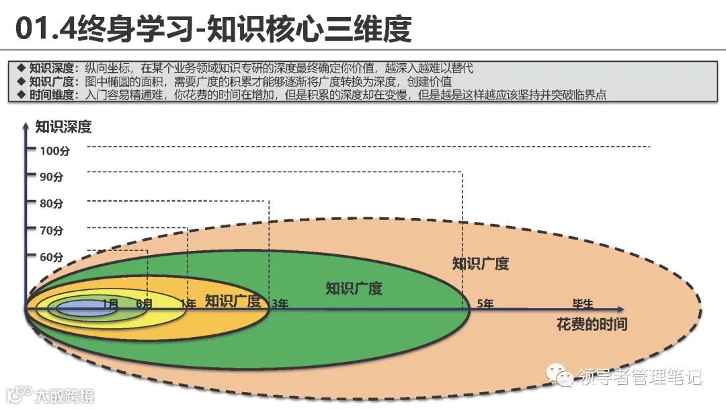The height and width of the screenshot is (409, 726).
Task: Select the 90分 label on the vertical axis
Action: coord(51,177)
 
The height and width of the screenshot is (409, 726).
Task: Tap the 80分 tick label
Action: coord(51,203)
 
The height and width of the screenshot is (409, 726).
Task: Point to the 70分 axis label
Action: coord(51,230)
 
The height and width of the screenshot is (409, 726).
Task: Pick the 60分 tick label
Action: coord(51,257)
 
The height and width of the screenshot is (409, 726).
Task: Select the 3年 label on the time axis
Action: coord(280,303)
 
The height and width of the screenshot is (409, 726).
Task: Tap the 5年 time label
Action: coord(485,303)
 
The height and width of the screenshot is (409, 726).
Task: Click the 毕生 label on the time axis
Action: coord(582,303)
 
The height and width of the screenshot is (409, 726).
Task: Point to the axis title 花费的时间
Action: coord(592,324)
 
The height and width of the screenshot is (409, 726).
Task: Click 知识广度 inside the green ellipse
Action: coord(354,289)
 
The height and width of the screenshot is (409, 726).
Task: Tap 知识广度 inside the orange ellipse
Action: coord(233,301)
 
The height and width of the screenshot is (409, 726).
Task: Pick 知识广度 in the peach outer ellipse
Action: coord(481,263)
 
